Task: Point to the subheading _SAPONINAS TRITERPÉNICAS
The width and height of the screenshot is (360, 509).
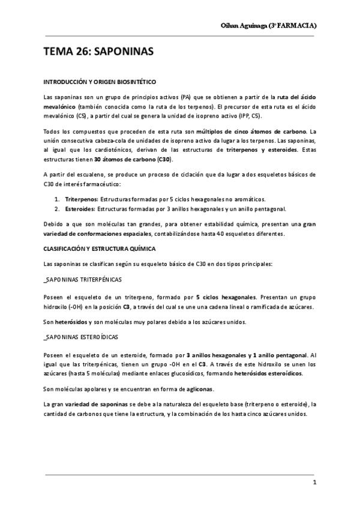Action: click(x=83, y=280)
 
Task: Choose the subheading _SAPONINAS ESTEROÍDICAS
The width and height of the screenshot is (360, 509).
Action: click(x=81, y=338)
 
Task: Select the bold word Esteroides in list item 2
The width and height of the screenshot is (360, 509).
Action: click(x=80, y=209)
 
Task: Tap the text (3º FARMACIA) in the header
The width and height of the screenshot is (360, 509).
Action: click(x=294, y=26)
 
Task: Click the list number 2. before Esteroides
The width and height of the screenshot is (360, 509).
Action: click(x=57, y=209)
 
